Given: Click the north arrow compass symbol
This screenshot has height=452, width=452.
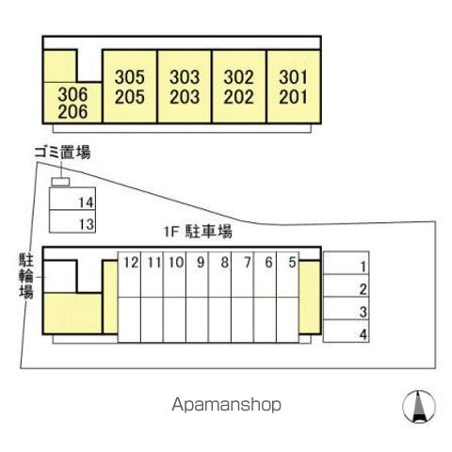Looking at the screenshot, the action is pyautogui.click(x=419, y=407).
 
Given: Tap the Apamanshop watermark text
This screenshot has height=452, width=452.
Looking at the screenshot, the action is pyautogui.click(x=226, y=405).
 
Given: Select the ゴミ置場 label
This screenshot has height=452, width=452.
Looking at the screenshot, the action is pyautogui.click(x=62, y=153).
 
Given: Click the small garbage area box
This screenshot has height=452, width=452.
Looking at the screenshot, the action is pyautogui.click(x=60, y=182).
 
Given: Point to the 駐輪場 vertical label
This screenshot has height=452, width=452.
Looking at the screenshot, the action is pyautogui.click(x=26, y=276).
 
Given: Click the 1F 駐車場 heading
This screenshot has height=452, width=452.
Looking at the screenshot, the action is pyautogui.click(x=198, y=232).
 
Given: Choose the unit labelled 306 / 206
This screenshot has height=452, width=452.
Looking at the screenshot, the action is pyautogui.click(x=73, y=103).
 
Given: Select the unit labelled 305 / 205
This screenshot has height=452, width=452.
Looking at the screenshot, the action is pyautogui.click(x=130, y=87).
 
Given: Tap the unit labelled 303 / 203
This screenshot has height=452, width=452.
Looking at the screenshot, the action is pyautogui.click(x=185, y=87).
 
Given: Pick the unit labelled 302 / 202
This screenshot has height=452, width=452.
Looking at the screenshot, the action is pyautogui.click(x=239, y=87).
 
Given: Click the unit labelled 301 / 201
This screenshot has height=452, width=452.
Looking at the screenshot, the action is pyautogui.click(x=294, y=87).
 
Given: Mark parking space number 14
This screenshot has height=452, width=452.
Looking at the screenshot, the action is pyautogui.click(x=73, y=199).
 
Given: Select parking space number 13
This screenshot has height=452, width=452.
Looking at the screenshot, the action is pyautogui.click(x=73, y=221).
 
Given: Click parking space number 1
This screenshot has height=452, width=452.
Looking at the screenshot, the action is pyautogui.click(x=346, y=263).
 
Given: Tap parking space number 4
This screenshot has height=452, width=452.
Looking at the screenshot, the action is pyautogui.click(x=346, y=331).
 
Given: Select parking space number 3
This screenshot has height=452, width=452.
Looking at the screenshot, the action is pyautogui.click(x=346, y=308).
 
